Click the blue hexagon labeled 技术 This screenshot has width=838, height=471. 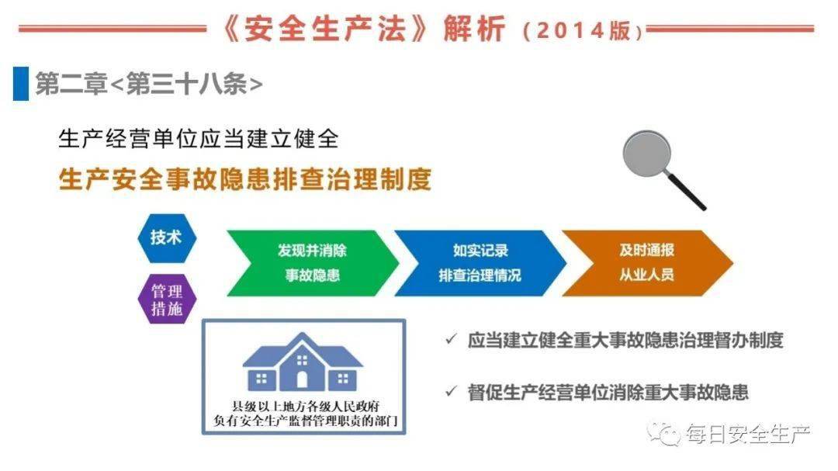[x=166, y=237]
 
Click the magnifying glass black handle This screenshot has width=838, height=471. [x=688, y=192]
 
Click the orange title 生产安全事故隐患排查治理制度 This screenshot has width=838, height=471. [x=244, y=180]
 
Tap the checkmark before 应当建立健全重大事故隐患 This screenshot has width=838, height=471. [x=451, y=340]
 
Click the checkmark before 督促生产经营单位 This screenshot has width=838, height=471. [x=451, y=392]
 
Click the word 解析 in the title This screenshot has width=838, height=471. [x=475, y=29]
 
